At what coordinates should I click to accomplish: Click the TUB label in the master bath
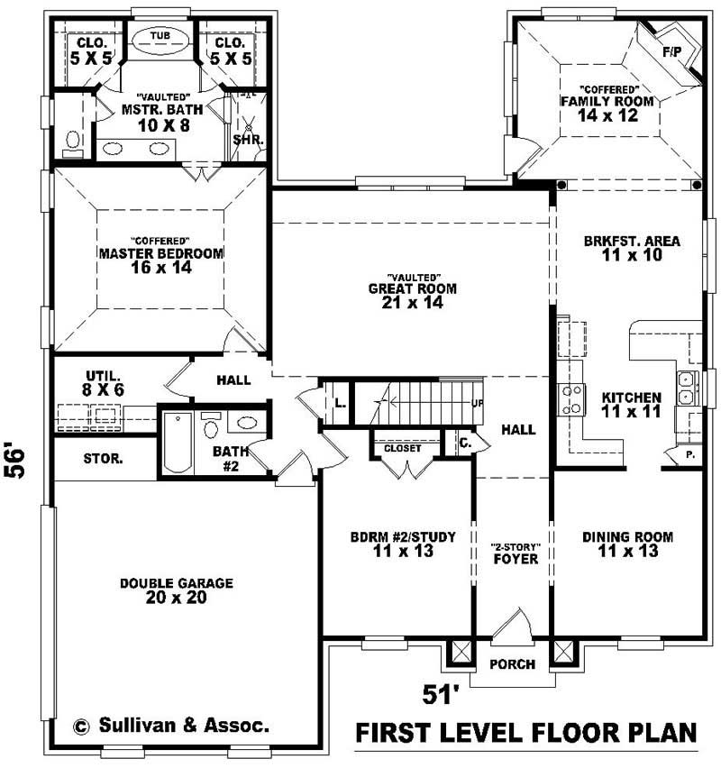[x=160, y=36]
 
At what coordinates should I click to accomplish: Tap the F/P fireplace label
[x=672, y=52]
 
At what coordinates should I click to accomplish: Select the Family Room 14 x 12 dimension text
[x=607, y=115]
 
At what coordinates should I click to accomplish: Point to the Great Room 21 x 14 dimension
[x=413, y=303]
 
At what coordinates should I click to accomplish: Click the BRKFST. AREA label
[x=632, y=241]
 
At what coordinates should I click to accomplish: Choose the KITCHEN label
[x=632, y=398]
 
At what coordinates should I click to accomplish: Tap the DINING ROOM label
[x=627, y=537]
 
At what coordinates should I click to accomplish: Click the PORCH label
[x=512, y=664]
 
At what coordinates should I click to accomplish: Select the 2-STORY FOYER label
[x=516, y=553]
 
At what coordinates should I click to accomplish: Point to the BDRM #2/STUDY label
[x=403, y=537]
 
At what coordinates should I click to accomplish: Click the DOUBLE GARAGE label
[x=177, y=583]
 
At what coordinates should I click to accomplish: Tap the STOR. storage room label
[x=103, y=459]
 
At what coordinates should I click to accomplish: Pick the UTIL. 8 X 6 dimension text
[x=103, y=390]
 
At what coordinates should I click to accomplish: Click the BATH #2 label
[x=231, y=459]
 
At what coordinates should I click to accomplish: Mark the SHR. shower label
[x=249, y=140]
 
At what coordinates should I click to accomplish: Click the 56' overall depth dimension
[x=14, y=461]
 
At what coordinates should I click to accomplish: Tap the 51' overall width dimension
[x=441, y=694]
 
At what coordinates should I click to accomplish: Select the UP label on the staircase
[x=478, y=403]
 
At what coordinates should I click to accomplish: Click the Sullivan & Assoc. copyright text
[x=171, y=725]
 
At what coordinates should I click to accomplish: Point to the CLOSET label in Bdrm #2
[x=403, y=448]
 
